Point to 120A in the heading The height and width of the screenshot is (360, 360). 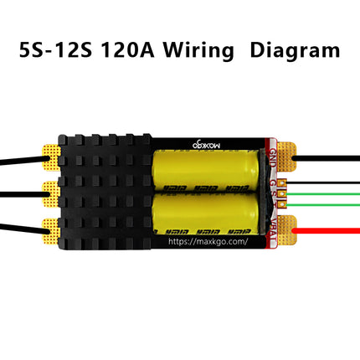tap(126, 49)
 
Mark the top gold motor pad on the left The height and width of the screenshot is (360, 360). tap(49, 157)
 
